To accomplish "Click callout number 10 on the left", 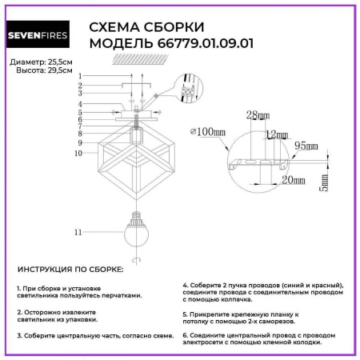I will (x=78, y=152).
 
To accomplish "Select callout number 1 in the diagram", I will (x=80, y=75).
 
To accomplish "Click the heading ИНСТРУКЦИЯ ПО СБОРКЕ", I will (x=70, y=270).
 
